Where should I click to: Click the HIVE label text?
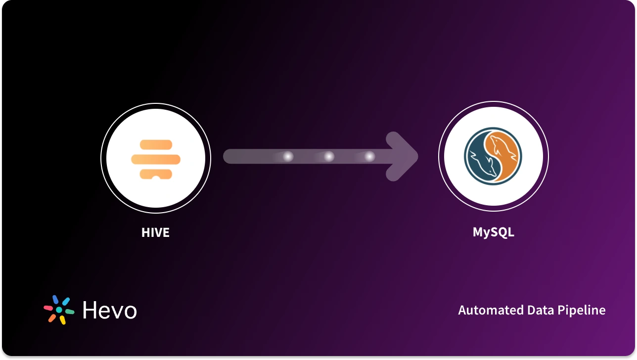pos(155,232)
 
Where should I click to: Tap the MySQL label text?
pos(493,232)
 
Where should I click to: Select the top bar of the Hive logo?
pos(156,144)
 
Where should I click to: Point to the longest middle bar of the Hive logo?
pos(156,159)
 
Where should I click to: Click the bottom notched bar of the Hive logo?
pos(156,174)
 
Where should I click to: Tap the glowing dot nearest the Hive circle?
pos(287,157)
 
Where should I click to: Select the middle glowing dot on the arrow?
pos(329,157)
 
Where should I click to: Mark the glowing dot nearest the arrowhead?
pos(369,157)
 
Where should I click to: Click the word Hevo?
pos(109,311)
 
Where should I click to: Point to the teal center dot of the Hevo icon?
pos(59,310)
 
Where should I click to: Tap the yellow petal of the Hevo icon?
pos(63,320)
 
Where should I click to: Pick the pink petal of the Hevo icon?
pos(48,308)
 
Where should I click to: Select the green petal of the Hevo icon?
pos(69,312)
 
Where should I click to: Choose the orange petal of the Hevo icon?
pos(52,318)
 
